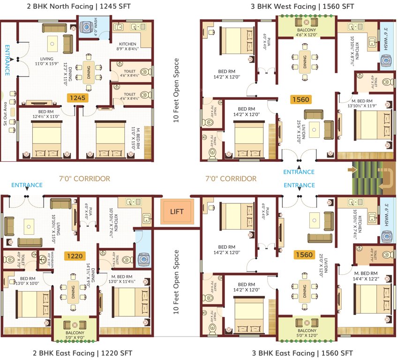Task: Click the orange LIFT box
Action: (177, 212)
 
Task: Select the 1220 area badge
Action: (75, 256)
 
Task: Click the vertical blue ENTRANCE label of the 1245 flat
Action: (7, 60)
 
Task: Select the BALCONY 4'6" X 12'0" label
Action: (307, 32)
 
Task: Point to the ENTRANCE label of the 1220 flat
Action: (27, 185)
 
